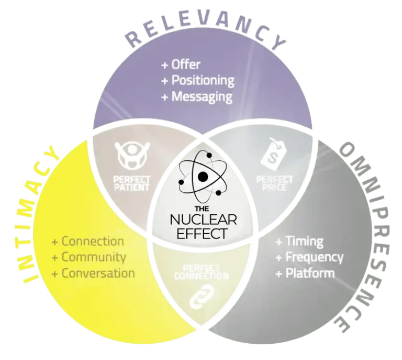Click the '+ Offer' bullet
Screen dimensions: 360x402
181,66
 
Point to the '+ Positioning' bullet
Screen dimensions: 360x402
198,81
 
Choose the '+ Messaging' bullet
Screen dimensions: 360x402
196,96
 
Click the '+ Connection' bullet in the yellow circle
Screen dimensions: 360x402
87,242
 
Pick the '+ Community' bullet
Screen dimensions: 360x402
88,257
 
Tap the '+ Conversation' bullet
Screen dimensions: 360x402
93,273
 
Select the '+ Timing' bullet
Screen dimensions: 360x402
299,242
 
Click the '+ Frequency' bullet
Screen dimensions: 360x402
309,257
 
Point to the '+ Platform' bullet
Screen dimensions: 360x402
305,273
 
